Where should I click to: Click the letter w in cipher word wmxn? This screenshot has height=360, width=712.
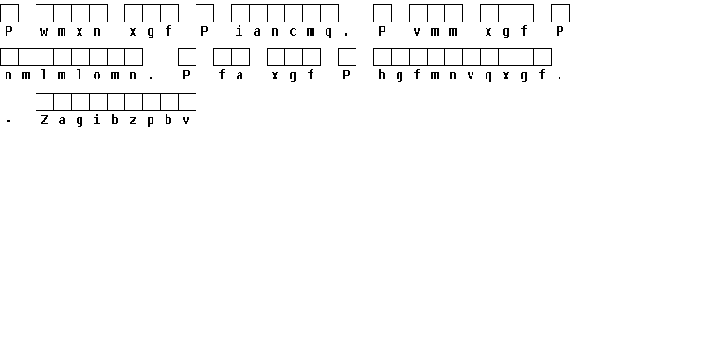(44, 31)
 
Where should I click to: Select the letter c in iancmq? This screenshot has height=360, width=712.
(293, 31)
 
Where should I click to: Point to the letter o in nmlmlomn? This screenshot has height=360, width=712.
(97, 76)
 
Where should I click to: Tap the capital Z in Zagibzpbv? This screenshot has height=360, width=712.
(44, 120)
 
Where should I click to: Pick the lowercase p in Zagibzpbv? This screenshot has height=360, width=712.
(151, 121)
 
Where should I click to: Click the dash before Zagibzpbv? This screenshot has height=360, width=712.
(8, 121)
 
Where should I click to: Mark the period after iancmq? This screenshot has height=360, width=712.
(346, 34)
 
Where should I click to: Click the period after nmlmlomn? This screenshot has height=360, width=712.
(151, 79)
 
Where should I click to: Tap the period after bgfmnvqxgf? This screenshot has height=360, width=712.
(559, 79)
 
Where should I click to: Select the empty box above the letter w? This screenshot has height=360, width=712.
(45, 13)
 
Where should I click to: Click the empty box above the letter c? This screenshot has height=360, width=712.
(294, 13)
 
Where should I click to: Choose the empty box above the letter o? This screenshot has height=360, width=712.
(97, 57)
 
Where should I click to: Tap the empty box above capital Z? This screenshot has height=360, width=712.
(45, 102)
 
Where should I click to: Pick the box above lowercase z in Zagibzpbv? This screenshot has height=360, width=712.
(133, 102)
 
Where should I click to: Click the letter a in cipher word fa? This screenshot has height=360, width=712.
(240, 76)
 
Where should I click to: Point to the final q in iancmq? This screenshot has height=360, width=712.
(328, 32)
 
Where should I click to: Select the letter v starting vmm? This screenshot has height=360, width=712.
(417, 31)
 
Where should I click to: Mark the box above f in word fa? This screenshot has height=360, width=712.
(222, 57)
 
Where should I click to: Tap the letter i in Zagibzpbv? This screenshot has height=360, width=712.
(97, 120)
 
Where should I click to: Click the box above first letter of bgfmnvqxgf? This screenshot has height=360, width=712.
(383, 57)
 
